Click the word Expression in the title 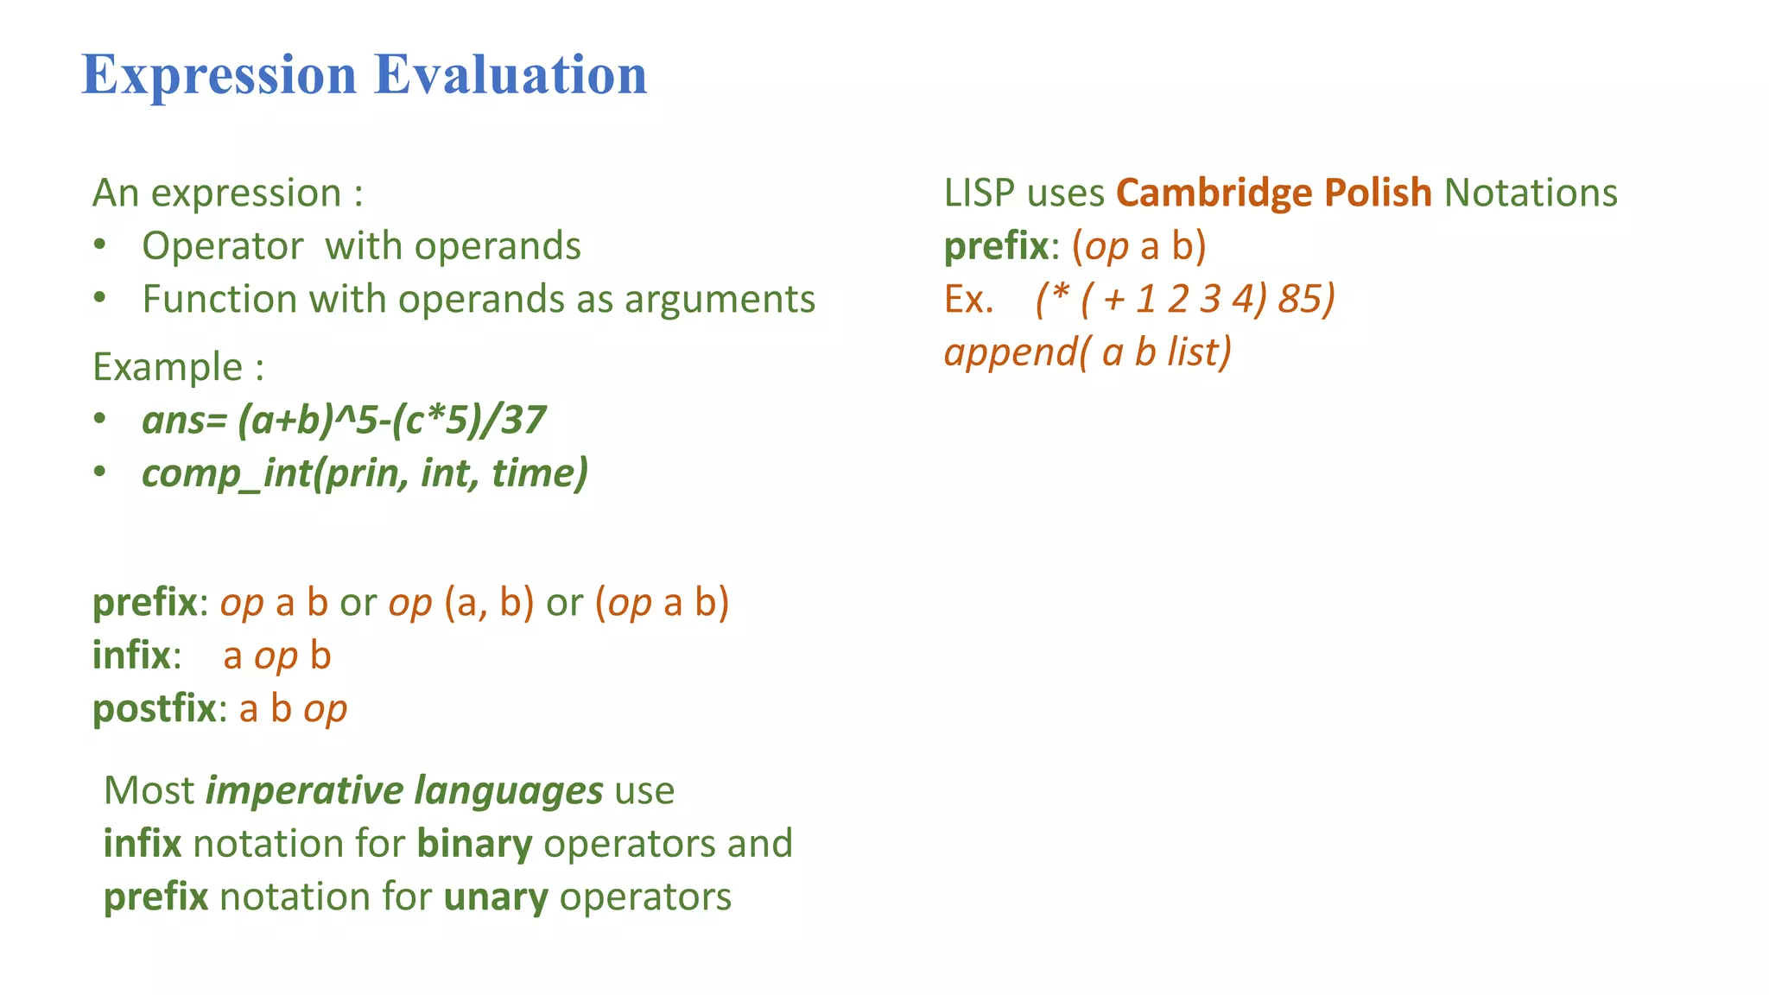[219, 76]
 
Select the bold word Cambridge [1214, 193]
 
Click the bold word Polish [1378, 193]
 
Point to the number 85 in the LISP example [1301, 299]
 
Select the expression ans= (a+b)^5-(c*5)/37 [344, 421]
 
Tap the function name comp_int [226, 474]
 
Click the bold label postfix [154, 709]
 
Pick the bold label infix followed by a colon [131, 656]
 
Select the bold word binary [474, 844]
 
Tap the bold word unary [495, 897]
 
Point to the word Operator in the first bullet [222, 246]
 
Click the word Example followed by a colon [168, 367]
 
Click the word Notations [1531, 193]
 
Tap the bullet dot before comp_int [100, 472]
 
